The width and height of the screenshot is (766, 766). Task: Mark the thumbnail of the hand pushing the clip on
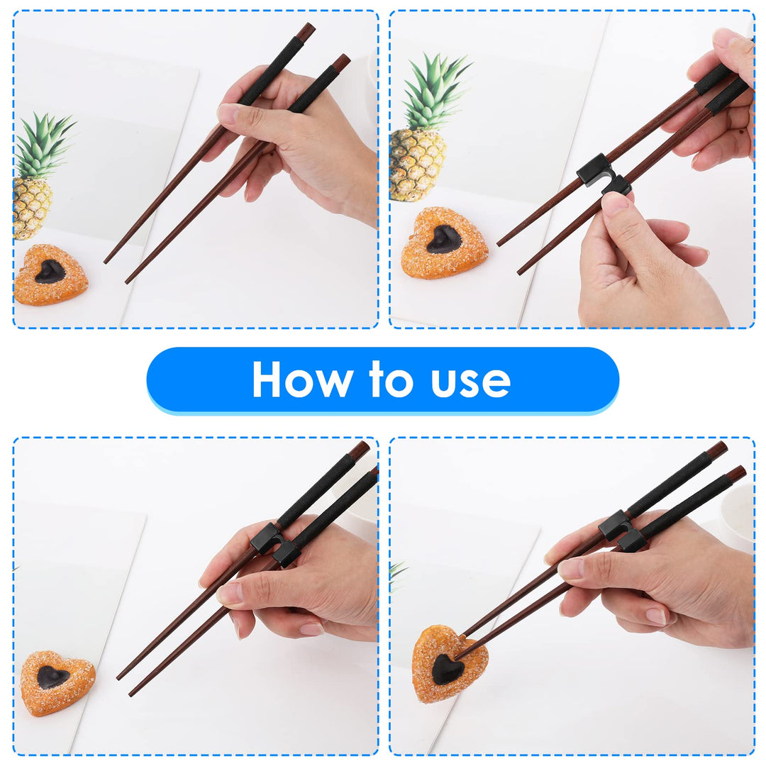614,204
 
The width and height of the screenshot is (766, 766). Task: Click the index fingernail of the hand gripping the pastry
570,568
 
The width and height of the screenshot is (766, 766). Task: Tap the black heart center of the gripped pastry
448,669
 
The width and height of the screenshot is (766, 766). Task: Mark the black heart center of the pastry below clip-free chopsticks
50,271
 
